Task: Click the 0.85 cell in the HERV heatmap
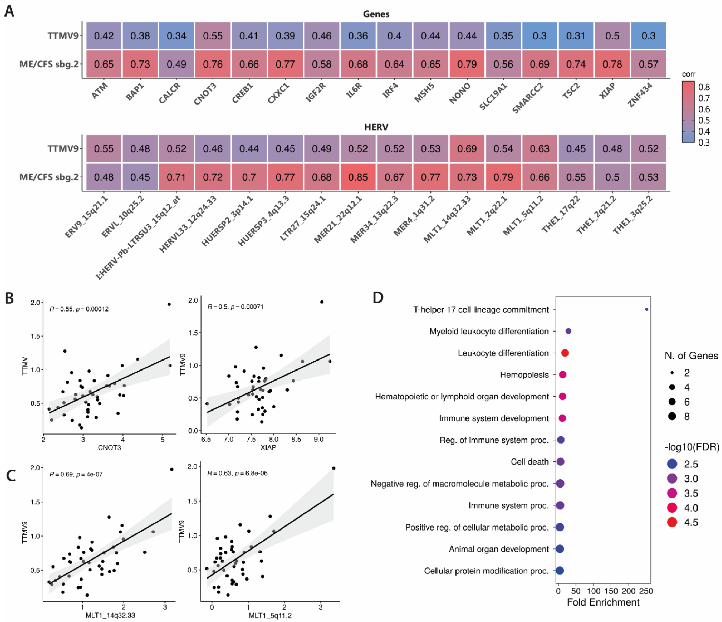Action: pyautogui.click(x=358, y=177)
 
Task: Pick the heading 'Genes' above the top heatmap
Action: pyautogui.click(x=376, y=14)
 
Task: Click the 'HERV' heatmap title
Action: pyautogui.click(x=376, y=127)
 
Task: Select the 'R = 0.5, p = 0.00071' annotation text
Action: pyautogui.click(x=235, y=307)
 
